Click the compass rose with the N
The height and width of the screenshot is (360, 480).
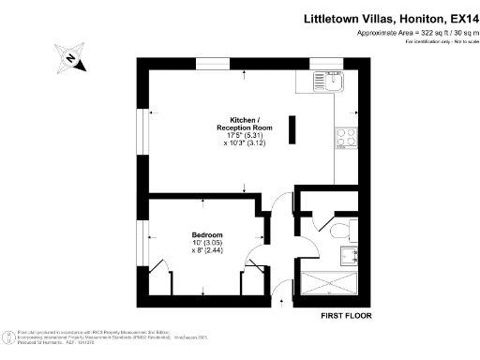(x=71, y=57)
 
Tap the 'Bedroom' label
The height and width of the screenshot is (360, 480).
(x=207, y=234)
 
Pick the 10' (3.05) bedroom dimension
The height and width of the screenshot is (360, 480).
(x=207, y=243)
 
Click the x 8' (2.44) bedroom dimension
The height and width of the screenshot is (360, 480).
(x=207, y=251)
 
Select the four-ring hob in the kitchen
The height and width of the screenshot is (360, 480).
(x=343, y=136)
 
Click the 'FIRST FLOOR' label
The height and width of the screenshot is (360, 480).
(x=345, y=316)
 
